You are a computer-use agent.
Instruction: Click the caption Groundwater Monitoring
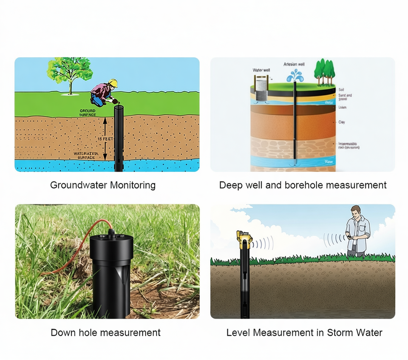(x=103, y=185)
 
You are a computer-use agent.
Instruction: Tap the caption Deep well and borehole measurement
(x=303, y=185)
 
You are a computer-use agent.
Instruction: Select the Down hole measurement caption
(x=105, y=332)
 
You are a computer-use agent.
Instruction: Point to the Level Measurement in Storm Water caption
(x=304, y=332)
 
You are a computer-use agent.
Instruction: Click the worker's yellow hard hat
(x=113, y=82)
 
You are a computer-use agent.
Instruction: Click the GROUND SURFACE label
(x=88, y=113)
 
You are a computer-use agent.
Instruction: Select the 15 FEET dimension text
(x=105, y=139)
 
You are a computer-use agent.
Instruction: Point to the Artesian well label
(x=294, y=64)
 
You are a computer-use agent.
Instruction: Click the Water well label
(x=261, y=70)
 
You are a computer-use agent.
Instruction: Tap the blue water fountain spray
(x=295, y=76)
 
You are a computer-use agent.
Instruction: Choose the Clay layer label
(x=342, y=122)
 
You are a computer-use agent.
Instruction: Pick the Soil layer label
(x=341, y=90)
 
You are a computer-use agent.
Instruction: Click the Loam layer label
(x=343, y=108)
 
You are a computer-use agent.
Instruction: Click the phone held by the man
(x=348, y=237)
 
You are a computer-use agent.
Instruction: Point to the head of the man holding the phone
(x=356, y=212)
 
